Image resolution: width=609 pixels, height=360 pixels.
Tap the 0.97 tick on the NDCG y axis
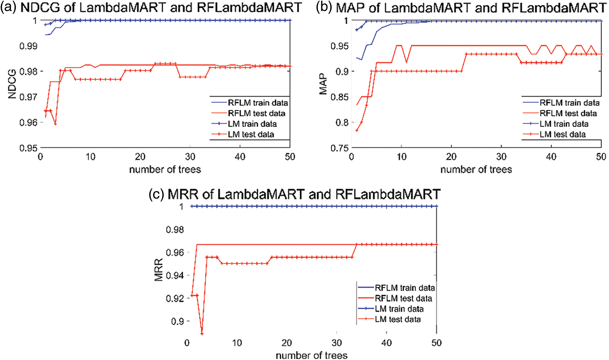click(x=28, y=97)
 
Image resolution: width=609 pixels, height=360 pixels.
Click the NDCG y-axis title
click(x=12, y=84)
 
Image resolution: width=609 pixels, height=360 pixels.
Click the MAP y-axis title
click(x=323, y=84)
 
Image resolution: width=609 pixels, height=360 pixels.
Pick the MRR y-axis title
click(x=159, y=270)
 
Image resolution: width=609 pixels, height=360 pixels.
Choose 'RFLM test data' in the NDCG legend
click(x=256, y=113)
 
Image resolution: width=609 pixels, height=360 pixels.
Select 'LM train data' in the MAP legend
click(x=564, y=124)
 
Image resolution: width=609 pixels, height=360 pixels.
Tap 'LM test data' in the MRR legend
click(x=398, y=319)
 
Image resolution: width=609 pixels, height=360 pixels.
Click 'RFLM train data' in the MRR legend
click(x=405, y=288)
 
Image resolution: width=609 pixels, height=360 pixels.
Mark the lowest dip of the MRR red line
click(x=202, y=334)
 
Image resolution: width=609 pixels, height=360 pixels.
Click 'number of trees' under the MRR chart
click(x=311, y=355)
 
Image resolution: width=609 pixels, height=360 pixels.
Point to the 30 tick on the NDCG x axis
click(x=190, y=157)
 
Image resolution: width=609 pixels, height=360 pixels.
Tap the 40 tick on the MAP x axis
click(x=551, y=157)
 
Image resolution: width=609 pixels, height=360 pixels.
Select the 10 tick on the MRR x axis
click(x=237, y=343)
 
